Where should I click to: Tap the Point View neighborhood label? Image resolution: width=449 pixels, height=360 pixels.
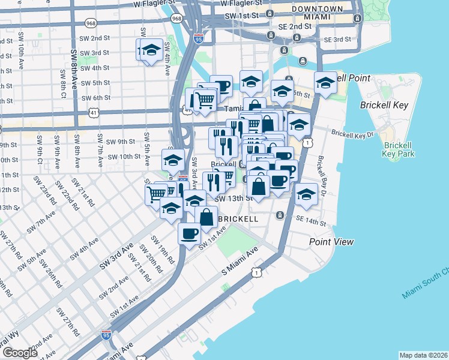pos(331,242)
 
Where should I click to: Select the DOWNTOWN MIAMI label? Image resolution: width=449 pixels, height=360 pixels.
pos(317,13)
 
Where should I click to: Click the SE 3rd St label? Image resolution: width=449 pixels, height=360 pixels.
pos(337,39)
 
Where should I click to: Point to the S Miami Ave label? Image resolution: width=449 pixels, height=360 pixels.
pos(240,262)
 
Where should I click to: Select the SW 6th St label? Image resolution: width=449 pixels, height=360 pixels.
pos(94,98)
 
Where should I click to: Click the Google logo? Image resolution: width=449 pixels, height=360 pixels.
pos(19,353)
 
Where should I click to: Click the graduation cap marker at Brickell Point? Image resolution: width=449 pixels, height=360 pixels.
pos(325,83)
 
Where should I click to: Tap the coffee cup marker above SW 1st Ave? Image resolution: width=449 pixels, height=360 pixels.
pos(189,232)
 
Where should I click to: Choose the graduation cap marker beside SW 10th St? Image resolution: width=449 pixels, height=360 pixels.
pos(173,160)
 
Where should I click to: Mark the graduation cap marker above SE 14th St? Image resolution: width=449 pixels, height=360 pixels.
pos(306,194)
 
